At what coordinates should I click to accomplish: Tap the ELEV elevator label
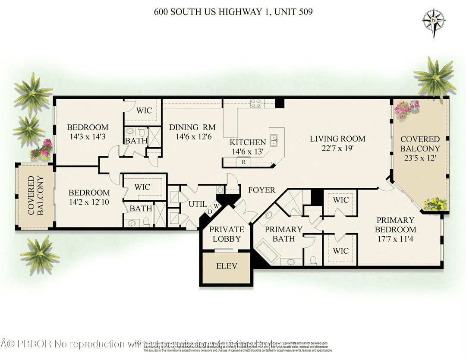pyautogui.click(x=227, y=266)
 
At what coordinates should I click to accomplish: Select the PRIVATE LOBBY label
pyautogui.click(x=227, y=234)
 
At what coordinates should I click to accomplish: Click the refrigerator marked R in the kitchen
pyautogui.click(x=244, y=162)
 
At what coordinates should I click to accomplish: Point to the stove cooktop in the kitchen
pyautogui.click(x=256, y=103)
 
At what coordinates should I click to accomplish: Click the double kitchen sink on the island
pyautogui.click(x=274, y=139)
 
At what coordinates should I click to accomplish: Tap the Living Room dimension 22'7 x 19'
pyautogui.click(x=337, y=148)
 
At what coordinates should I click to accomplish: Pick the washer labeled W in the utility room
pyautogui.click(x=216, y=206)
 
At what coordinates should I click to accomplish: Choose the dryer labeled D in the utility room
pyautogui.click(x=210, y=212)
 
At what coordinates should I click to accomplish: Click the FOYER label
pyautogui.click(x=261, y=190)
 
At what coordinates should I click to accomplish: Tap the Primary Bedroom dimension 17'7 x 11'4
pyautogui.click(x=395, y=239)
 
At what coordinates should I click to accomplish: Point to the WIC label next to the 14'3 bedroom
pyautogui.click(x=144, y=111)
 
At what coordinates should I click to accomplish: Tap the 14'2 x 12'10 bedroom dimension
pyautogui.click(x=89, y=202)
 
